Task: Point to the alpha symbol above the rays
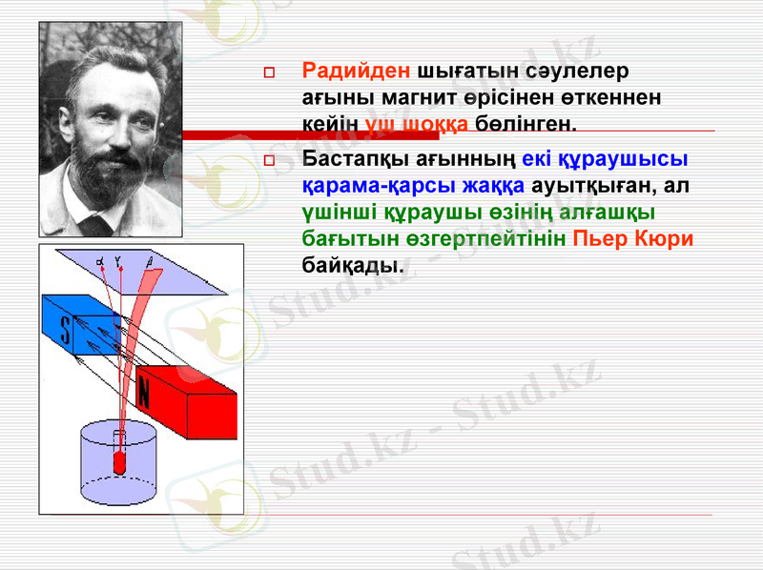pyautogui.click(x=101, y=258)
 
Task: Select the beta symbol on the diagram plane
pyautogui.click(x=149, y=258)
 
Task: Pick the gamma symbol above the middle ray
pyautogui.click(x=118, y=257)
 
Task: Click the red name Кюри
pyautogui.click(x=667, y=239)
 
